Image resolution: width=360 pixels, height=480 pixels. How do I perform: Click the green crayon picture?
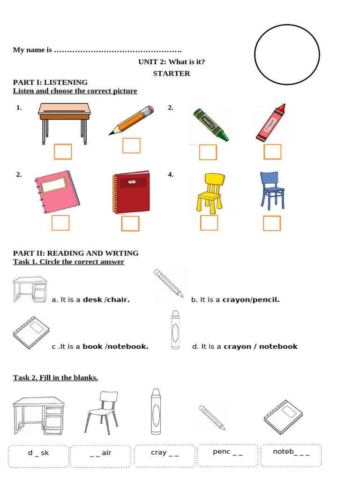click(x=211, y=124)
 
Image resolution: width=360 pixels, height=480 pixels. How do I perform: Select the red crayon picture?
click(x=271, y=123)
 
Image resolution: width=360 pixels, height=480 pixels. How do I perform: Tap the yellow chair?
click(x=209, y=193)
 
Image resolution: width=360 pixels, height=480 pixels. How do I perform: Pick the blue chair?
click(x=272, y=190)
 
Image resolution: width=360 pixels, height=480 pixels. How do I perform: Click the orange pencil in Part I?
click(x=131, y=120)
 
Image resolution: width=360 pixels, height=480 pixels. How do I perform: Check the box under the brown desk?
click(x=63, y=152)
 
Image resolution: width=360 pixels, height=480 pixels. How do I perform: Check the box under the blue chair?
click(x=272, y=224)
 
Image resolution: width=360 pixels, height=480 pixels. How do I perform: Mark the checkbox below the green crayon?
click(x=208, y=152)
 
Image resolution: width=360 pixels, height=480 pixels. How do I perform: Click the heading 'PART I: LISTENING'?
click(x=50, y=82)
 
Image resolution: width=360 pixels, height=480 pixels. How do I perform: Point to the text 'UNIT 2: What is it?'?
click(x=172, y=62)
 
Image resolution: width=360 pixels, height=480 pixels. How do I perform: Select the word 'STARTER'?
click(x=172, y=73)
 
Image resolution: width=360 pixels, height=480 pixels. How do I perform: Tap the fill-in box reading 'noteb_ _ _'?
click(x=291, y=453)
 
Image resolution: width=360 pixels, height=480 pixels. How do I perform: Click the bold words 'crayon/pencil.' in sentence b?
click(x=251, y=300)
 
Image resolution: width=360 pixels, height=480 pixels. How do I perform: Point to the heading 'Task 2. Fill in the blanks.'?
click(x=55, y=378)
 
